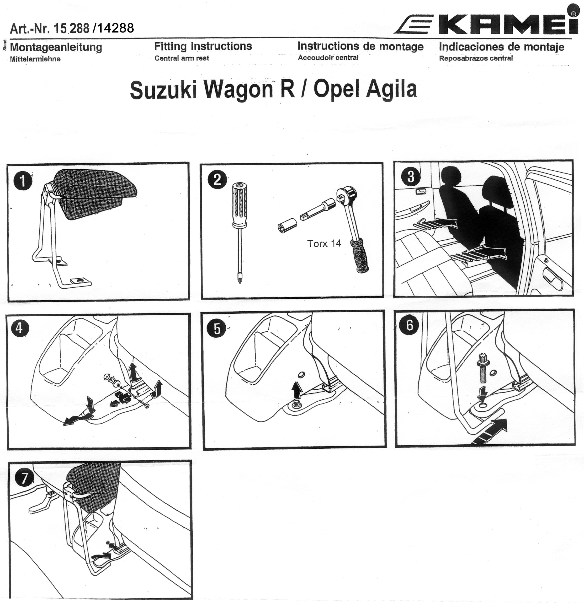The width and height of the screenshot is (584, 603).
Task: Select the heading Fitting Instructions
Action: pyautogui.click(x=203, y=46)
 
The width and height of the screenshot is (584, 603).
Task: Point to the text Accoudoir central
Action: pyautogui.click(x=328, y=58)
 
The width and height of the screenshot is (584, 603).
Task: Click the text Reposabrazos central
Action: pyautogui.click(x=476, y=58)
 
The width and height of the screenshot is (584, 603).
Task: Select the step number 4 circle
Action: pyautogui.click(x=19, y=328)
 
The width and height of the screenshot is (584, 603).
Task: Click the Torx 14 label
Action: pyautogui.click(x=324, y=243)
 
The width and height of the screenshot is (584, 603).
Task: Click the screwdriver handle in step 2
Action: pyautogui.click(x=240, y=205)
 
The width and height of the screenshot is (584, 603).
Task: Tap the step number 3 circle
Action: pyautogui.click(x=411, y=177)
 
